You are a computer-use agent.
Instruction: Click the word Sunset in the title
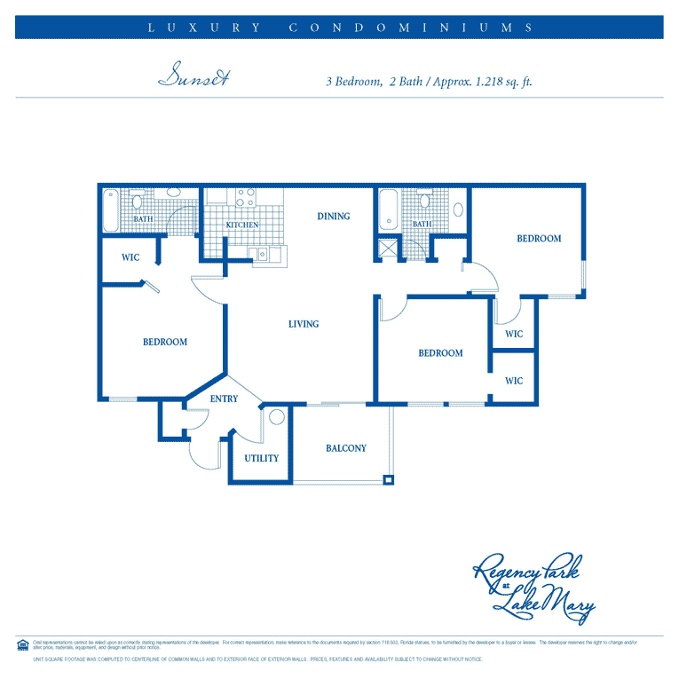(193, 78)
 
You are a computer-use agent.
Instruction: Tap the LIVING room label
(304, 324)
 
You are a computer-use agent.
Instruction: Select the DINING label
(334, 216)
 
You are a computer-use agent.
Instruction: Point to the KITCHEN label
(241, 225)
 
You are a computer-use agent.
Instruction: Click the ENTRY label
(224, 399)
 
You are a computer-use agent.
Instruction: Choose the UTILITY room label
(262, 459)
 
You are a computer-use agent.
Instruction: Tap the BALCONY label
(346, 448)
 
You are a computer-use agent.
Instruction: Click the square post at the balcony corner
(388, 480)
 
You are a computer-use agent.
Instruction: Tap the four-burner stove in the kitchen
(246, 197)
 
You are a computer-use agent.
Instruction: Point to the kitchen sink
(265, 256)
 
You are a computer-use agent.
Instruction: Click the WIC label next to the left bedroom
(131, 258)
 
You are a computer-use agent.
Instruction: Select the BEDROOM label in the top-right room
(539, 238)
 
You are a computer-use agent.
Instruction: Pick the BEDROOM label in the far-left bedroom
(165, 342)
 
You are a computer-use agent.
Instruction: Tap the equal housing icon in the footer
(22, 643)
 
